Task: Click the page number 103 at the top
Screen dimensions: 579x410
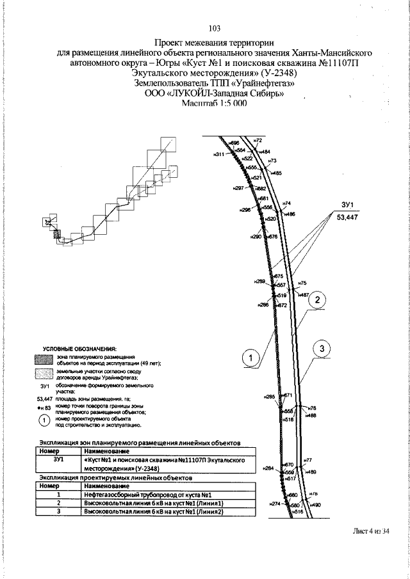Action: point(215,28)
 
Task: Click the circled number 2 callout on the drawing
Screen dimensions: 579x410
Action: point(320,300)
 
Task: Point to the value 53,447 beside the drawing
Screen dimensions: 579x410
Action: point(348,217)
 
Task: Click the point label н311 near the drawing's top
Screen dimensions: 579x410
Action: point(220,155)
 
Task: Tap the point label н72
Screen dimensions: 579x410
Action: point(259,139)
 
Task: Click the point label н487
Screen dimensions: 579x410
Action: point(304,295)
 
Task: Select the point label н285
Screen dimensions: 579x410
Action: point(270,397)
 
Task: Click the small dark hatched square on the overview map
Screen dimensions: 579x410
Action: point(57,235)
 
